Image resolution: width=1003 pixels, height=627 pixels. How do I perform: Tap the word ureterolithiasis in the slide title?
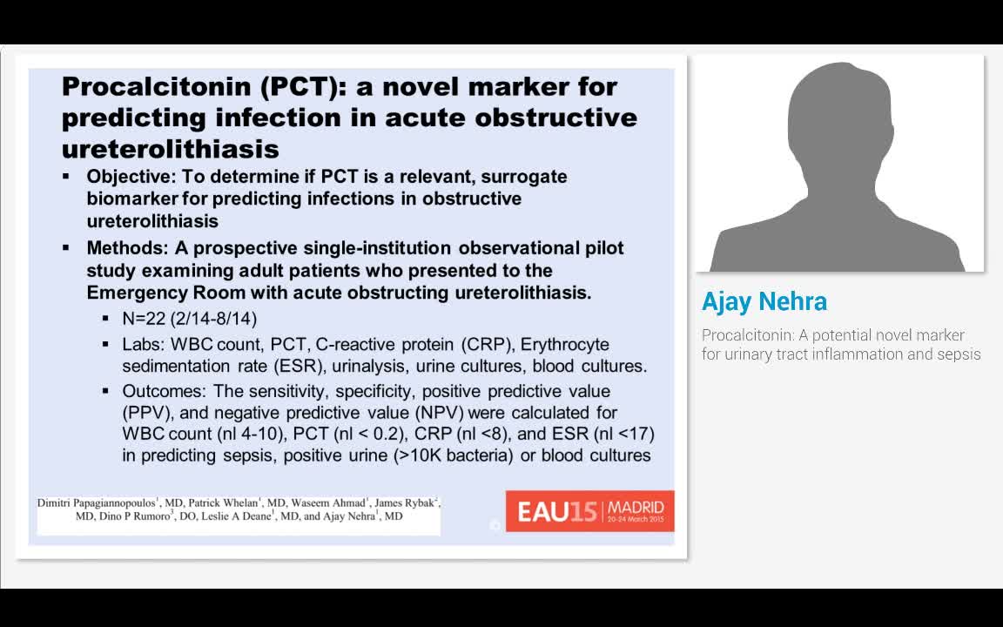[x=171, y=146]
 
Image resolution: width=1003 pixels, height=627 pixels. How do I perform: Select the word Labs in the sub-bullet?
[x=143, y=345]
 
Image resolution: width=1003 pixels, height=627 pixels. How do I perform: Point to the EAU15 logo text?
[x=557, y=511]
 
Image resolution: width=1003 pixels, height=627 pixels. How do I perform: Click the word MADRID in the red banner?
[x=636, y=507]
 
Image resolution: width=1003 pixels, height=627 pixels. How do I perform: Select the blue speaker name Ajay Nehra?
[x=764, y=302]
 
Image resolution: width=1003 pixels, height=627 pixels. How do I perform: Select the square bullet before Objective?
[x=66, y=177]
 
